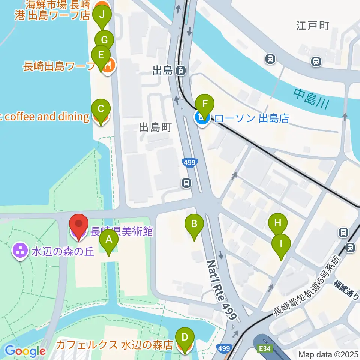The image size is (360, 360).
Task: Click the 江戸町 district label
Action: [x=312, y=26]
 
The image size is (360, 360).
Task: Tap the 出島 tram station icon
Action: [x=181, y=70]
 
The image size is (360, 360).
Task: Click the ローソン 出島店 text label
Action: [x=252, y=118]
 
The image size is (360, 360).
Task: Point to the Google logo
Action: [x=25, y=351]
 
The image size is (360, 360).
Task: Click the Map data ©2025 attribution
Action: [x=328, y=354]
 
